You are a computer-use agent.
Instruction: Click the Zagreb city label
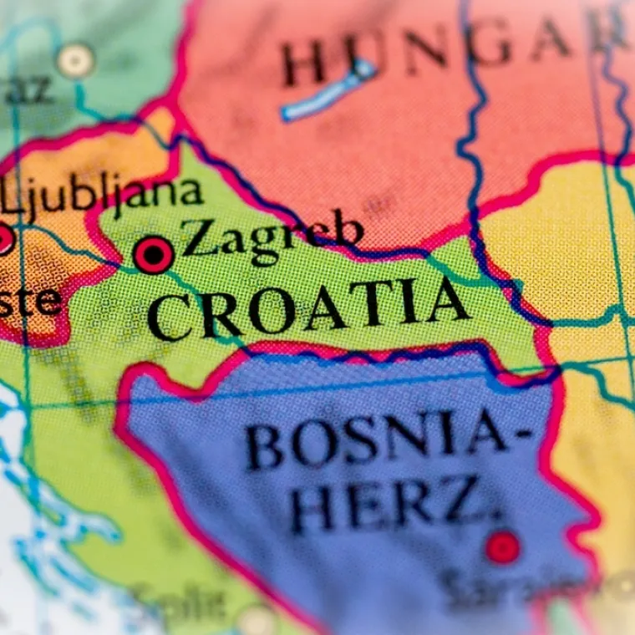pyautogui.click(x=272, y=236)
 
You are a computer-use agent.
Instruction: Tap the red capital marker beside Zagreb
pyautogui.click(x=154, y=255)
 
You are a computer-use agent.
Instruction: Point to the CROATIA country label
pyautogui.click(x=307, y=308)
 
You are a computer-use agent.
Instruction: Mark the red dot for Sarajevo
pyautogui.click(x=502, y=547)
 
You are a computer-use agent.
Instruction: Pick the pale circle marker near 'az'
pyautogui.click(x=75, y=61)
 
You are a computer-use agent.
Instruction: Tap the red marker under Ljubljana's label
pyautogui.click(x=4, y=240)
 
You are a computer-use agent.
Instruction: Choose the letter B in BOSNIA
pyautogui.click(x=265, y=448)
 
